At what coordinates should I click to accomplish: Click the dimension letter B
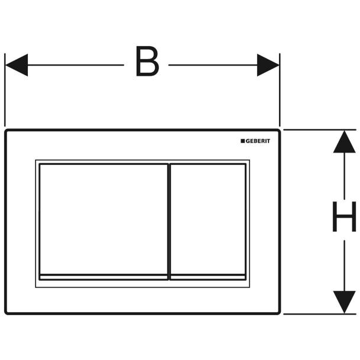tap(147, 61)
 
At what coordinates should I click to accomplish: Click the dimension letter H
tap(344, 216)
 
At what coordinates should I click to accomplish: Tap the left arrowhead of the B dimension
tap(17, 65)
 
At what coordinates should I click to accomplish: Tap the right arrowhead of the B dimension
tap(268, 65)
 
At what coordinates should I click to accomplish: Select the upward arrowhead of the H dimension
tap(344, 142)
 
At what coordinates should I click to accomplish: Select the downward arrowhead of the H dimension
tap(344, 302)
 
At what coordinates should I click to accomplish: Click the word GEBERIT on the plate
tap(258, 141)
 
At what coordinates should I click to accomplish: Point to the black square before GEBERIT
tap(243, 141)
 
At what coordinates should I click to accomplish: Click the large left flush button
tap(103, 219)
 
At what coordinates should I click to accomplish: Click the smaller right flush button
tap(208, 219)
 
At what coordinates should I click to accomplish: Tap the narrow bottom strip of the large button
tap(103, 277)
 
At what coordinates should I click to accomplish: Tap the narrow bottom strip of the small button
tap(208, 277)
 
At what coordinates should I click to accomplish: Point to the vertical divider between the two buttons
tap(169, 222)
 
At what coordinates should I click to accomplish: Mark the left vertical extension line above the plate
tap(5, 90)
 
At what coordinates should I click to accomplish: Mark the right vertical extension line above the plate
tap(280, 90)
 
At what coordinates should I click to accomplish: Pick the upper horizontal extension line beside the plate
tap(320, 130)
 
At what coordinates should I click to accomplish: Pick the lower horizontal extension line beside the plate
tap(320, 314)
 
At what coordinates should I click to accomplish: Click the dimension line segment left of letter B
tap(76, 65)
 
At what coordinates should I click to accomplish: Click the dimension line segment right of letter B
tap(213, 65)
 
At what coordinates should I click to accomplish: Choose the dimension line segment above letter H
tap(344, 176)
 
